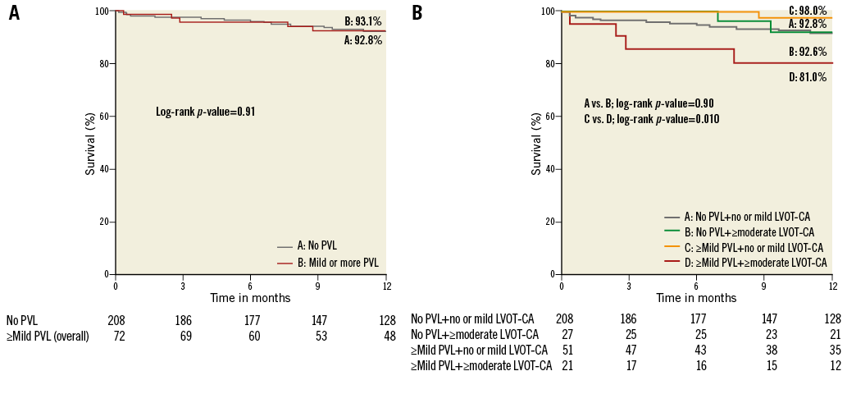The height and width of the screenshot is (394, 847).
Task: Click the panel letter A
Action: coord(14,13)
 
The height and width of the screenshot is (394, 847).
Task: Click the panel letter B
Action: coord(417,13)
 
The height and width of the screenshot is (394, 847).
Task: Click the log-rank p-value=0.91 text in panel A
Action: coord(206,111)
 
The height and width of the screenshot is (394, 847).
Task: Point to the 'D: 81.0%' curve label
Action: coord(807,79)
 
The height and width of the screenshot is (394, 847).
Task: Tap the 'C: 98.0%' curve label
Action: coord(807,11)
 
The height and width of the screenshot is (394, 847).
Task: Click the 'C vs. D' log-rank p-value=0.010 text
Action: coord(651,119)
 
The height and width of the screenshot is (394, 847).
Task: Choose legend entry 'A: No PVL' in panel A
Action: coord(316,245)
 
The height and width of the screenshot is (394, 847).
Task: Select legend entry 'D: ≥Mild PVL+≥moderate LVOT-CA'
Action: coord(754,263)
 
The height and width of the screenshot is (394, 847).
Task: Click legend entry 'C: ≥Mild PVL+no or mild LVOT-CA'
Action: coord(754,247)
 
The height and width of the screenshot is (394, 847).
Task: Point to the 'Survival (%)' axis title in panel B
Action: coord(536,143)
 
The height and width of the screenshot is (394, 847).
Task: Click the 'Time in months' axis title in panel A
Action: coord(250,298)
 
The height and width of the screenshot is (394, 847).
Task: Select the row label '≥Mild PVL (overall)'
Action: coord(48,336)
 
